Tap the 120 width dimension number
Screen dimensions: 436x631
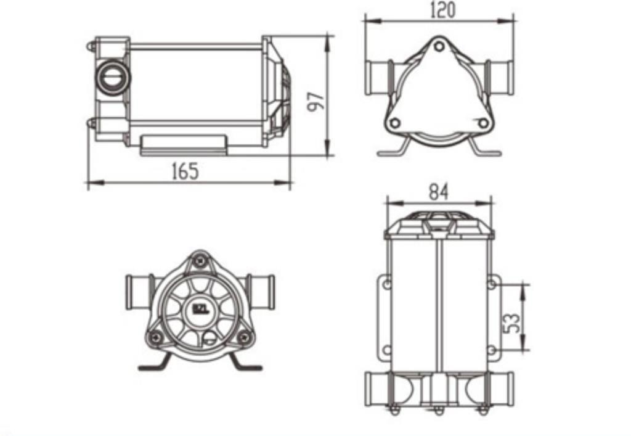tap(442, 10)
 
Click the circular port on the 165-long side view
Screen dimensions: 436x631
tap(112, 76)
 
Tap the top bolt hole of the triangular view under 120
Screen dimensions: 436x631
tap(439, 46)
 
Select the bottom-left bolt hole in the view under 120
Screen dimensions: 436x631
tap(396, 123)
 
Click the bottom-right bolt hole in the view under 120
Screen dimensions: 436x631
tap(483, 123)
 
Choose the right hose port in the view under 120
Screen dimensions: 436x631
tap(500, 78)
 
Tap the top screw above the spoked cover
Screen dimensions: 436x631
tap(200, 261)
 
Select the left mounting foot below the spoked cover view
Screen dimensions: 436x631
tap(155, 364)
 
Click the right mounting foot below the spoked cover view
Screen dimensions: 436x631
tap(245, 364)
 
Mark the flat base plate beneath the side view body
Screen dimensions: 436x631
tap(184, 146)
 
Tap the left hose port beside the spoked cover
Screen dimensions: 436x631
tap(137, 292)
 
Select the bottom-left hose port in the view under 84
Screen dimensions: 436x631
tap(377, 389)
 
